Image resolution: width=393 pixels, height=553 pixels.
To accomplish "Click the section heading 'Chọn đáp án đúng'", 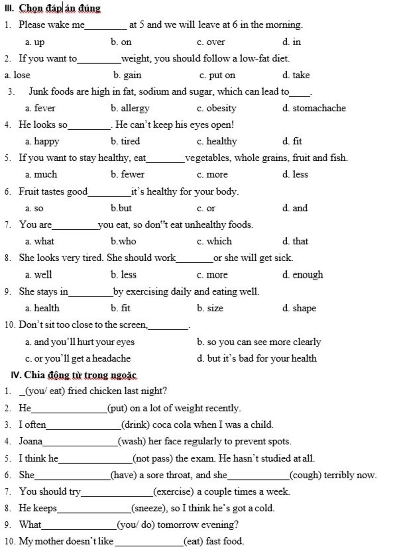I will point(59,8).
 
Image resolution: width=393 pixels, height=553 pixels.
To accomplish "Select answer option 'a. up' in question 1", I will point(35,42).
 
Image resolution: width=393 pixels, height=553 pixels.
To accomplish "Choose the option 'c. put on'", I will point(217,75).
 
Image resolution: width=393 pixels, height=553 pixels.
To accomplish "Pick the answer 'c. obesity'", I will point(216,108).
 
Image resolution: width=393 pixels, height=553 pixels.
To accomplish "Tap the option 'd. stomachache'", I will point(314,108).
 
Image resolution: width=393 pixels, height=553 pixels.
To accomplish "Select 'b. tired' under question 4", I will point(125,141).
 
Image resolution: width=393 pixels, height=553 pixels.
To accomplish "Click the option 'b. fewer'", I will point(127,174).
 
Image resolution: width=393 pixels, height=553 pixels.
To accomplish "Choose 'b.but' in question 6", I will point(121,208).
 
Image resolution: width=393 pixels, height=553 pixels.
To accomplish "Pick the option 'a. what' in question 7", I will point(40,241).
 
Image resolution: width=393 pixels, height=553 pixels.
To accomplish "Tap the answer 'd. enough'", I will point(302,275).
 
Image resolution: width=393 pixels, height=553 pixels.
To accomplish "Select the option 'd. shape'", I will point(299,308).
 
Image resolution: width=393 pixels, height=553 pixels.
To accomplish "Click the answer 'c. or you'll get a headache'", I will point(78,359).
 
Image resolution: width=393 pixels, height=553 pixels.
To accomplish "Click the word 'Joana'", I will point(31,441).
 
